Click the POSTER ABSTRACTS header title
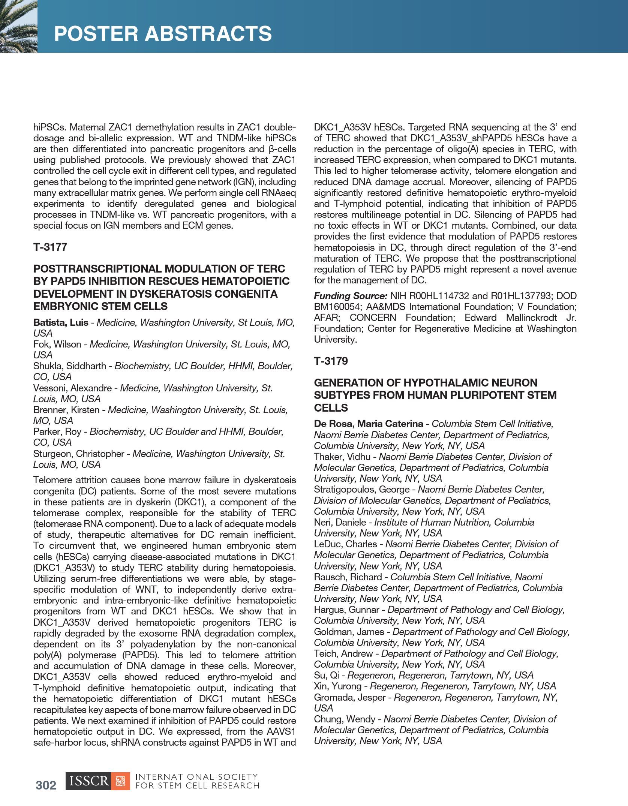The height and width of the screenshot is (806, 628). tap(163, 34)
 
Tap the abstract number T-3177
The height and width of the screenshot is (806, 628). tap(50, 247)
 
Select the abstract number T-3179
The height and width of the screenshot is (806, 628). tap(331, 361)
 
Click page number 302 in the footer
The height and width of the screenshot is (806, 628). tap(46, 785)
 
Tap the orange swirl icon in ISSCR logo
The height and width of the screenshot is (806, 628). tap(120, 781)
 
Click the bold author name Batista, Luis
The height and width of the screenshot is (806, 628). tap(61, 322)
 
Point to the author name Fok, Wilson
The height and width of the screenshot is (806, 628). tap(57, 344)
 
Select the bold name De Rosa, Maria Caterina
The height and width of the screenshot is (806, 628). tap(368, 424)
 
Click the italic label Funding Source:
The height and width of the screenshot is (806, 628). tap(350, 296)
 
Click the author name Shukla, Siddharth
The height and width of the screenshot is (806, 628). tap(70, 366)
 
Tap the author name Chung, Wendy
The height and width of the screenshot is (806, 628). tap(345, 719)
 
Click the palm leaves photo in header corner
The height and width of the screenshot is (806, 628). tap(18, 26)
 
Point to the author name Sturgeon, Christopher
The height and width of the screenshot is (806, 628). tap(79, 454)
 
